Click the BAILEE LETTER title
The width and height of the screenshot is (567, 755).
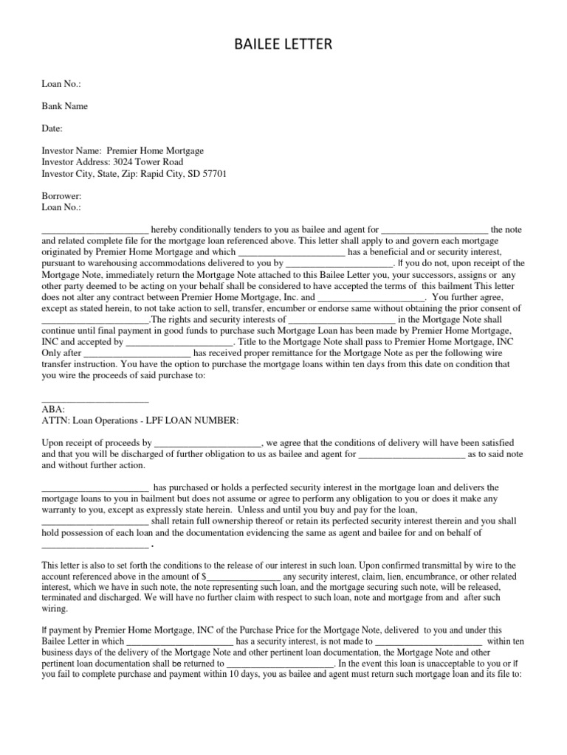click(x=283, y=46)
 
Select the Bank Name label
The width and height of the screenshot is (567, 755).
click(x=64, y=106)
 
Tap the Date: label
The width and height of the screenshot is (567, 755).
click(x=52, y=128)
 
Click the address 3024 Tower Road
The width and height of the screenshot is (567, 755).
click(x=148, y=162)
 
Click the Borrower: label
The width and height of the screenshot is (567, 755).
click(x=61, y=197)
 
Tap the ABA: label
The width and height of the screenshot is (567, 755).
click(x=53, y=408)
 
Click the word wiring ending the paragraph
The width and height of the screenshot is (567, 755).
click(x=54, y=609)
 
